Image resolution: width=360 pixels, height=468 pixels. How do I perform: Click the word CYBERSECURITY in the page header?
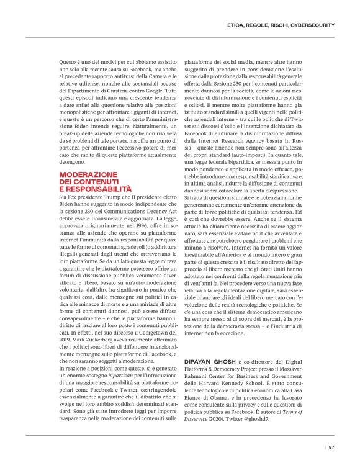315,25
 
